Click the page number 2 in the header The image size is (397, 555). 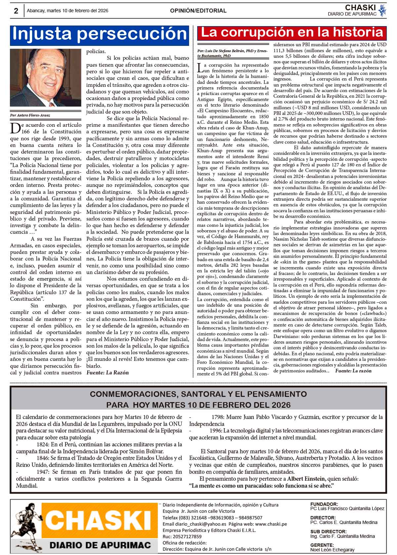coord(16,11)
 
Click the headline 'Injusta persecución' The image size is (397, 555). coord(99,34)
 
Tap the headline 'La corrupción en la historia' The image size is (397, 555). coord(292,32)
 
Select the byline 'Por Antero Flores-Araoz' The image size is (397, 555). coord(30,116)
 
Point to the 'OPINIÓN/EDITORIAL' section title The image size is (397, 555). coord(198,11)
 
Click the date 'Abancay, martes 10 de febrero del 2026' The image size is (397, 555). coord(67,11)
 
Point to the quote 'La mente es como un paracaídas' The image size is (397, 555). coord(261,486)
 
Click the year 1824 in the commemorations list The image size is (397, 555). coord(43,444)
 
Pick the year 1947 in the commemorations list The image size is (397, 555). coord(43,472)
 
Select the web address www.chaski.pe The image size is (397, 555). coord(271,524)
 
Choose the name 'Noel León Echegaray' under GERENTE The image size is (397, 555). coord(332,550)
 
